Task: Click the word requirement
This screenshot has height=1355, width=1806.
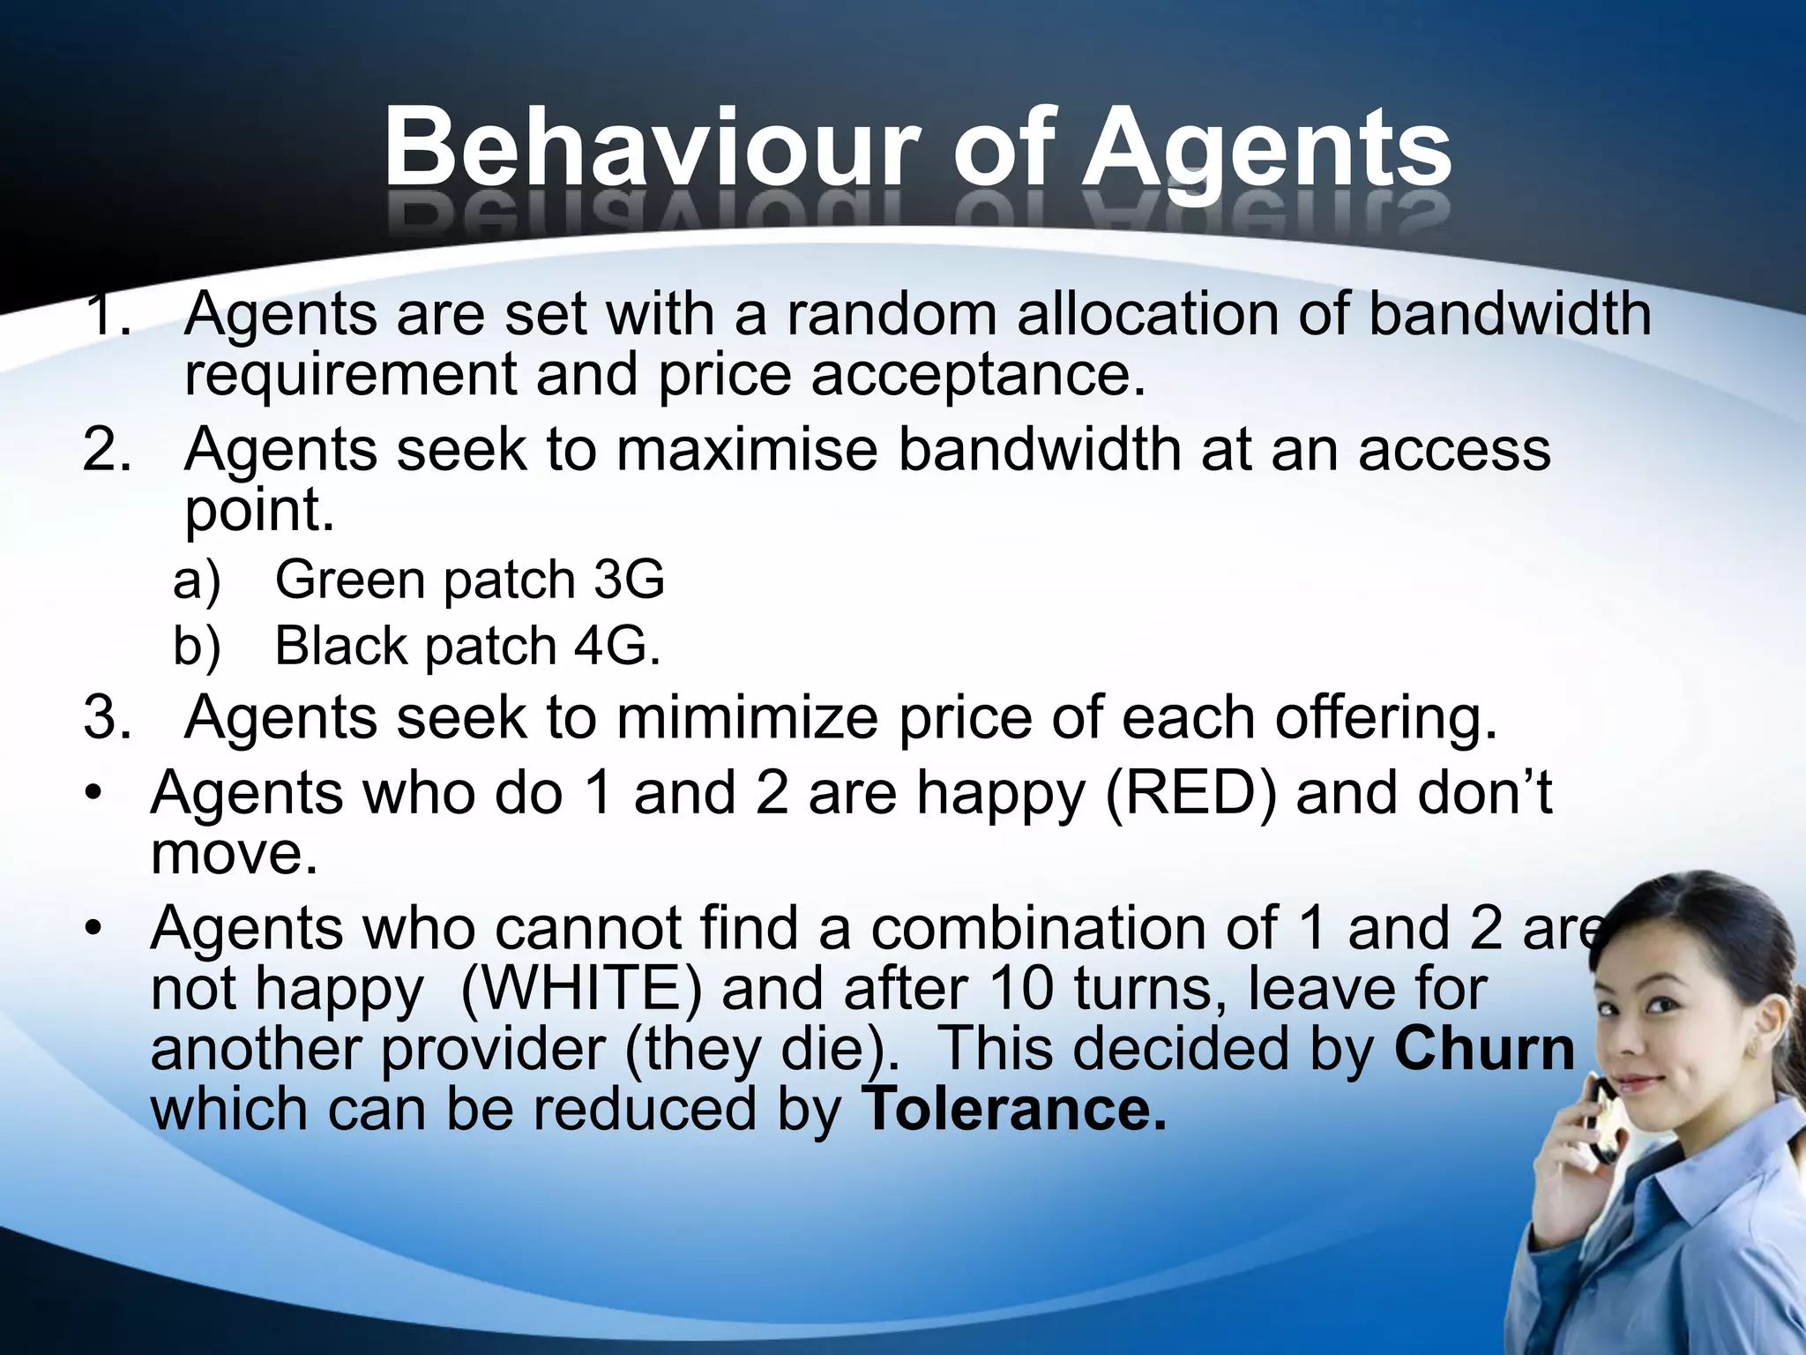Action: click(350, 375)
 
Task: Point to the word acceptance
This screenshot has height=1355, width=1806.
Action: click(977, 375)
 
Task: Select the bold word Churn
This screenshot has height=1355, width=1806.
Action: click(1484, 1049)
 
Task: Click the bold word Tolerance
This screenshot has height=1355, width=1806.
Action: click(1013, 1109)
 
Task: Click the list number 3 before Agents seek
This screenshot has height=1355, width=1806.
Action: click(106, 717)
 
